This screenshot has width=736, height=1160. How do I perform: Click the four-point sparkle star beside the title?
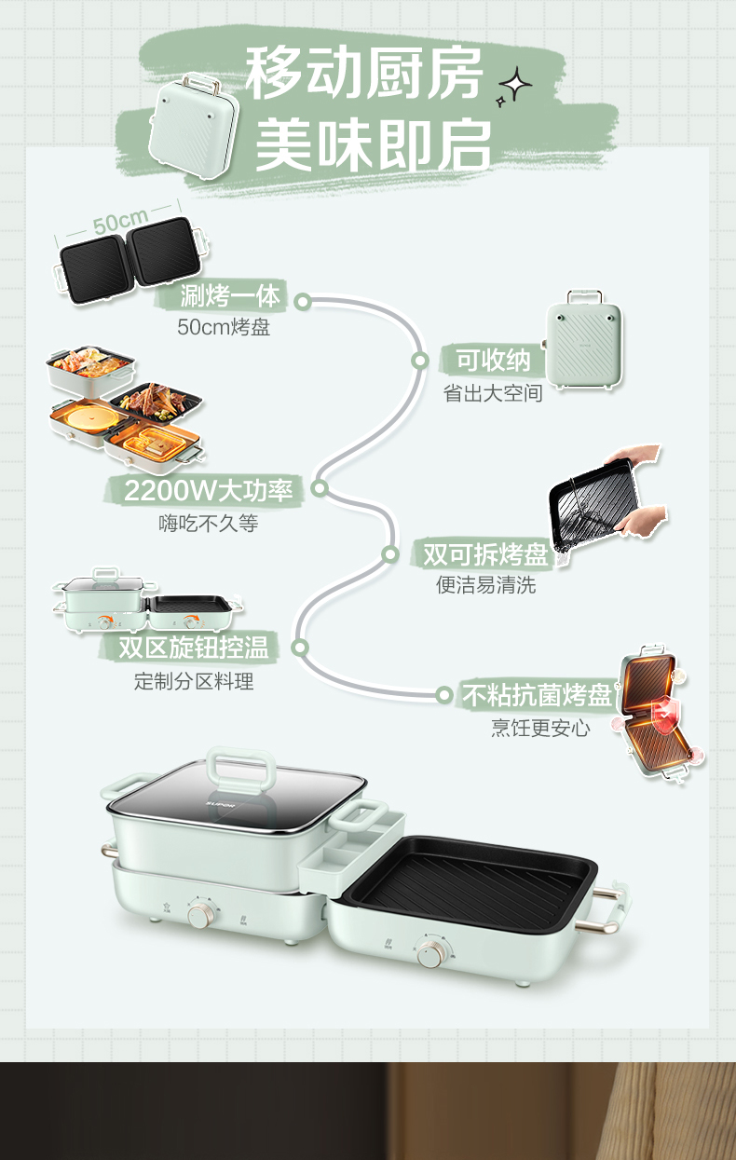[x=515, y=86]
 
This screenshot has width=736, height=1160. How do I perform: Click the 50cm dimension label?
[x=120, y=224]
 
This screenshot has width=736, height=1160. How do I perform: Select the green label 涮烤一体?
[x=229, y=296]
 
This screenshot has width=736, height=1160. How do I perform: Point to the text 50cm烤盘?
[x=224, y=327]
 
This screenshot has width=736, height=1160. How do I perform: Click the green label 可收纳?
[x=493, y=360]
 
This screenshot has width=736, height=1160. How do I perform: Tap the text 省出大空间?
[x=493, y=392]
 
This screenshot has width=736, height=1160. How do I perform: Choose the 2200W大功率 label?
[x=209, y=490]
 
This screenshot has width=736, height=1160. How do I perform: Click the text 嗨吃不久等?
[x=208, y=524]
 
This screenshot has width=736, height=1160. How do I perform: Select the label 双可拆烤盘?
[x=484, y=554]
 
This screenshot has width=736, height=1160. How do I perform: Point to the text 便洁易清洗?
[x=486, y=586]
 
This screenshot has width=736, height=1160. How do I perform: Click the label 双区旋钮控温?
[x=194, y=648]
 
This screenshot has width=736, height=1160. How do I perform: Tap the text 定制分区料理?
[x=194, y=681]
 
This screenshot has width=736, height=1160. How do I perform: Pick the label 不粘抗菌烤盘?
[x=538, y=695]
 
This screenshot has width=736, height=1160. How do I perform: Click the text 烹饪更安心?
[x=540, y=728]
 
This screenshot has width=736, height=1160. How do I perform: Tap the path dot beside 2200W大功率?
[x=320, y=488]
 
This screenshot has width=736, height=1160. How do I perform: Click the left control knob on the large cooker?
[x=199, y=914]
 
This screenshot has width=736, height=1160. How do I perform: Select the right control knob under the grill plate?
[x=429, y=953]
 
